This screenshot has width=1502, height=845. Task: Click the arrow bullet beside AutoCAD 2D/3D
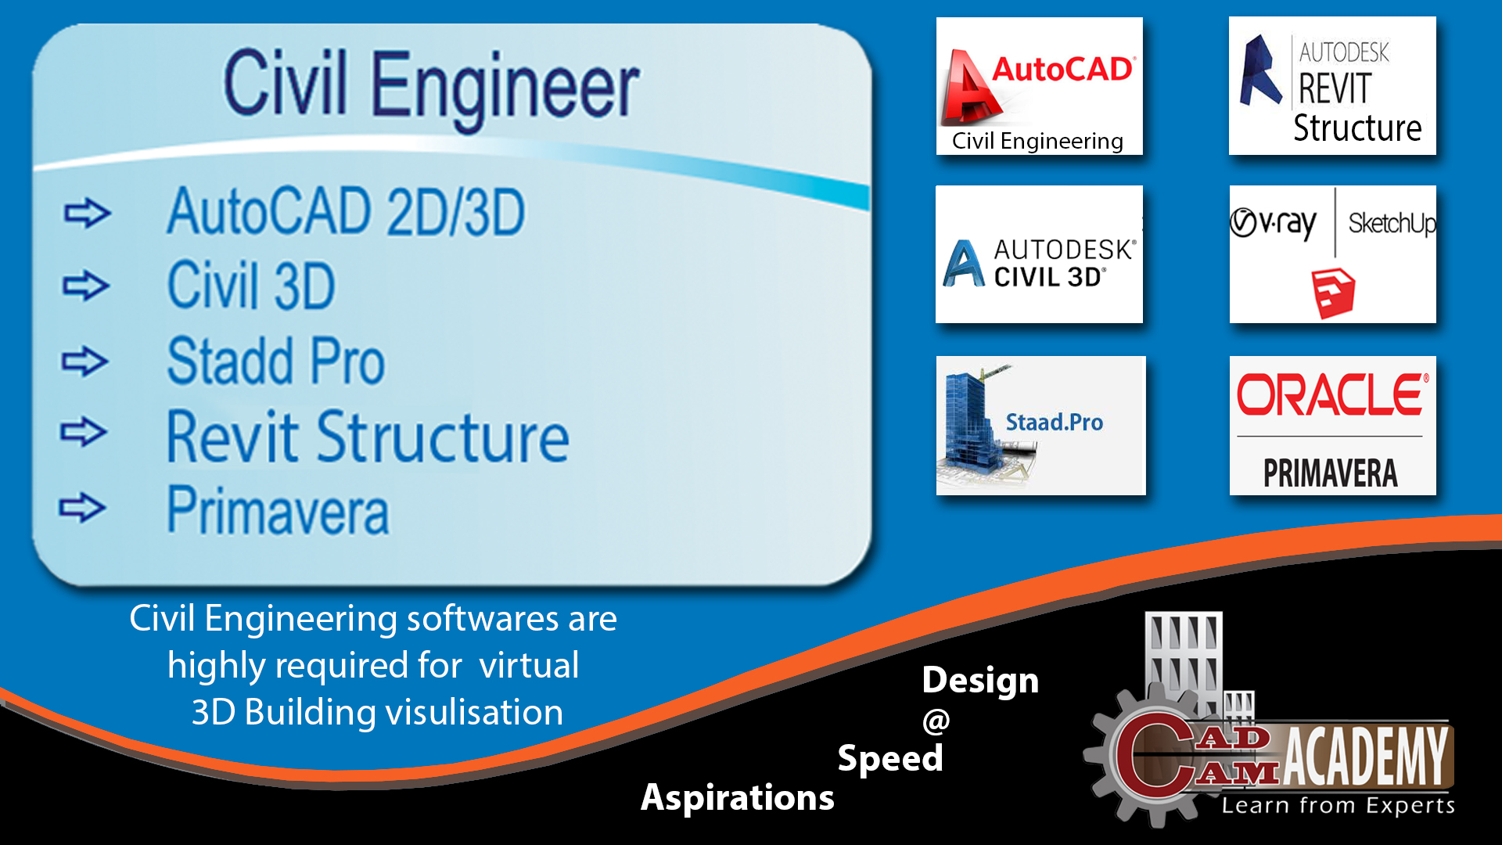[x=87, y=213]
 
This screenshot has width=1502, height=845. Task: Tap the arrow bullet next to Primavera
[x=82, y=508]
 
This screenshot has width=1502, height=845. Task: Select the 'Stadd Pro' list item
[x=276, y=361]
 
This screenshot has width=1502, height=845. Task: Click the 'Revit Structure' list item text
[x=368, y=437]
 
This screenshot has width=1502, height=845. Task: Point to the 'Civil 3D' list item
[x=251, y=286]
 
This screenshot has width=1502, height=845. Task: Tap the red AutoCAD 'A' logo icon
[x=969, y=88]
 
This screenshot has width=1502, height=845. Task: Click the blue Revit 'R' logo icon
[x=1261, y=70]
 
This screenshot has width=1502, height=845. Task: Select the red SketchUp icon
[x=1333, y=293]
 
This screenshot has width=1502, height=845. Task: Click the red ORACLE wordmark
[x=1332, y=394]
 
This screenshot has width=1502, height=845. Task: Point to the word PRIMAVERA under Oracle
[x=1331, y=473]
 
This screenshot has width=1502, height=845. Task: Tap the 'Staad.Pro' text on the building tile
[x=1055, y=422]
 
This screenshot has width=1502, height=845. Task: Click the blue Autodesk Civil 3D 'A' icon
[x=964, y=264]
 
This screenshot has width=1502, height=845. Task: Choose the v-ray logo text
[x=1274, y=224]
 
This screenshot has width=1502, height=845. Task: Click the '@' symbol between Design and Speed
[x=936, y=721]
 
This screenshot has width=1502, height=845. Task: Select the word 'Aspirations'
[x=738, y=798]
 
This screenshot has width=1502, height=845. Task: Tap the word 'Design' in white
[x=980, y=681]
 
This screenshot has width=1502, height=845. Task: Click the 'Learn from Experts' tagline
[x=1339, y=806]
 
